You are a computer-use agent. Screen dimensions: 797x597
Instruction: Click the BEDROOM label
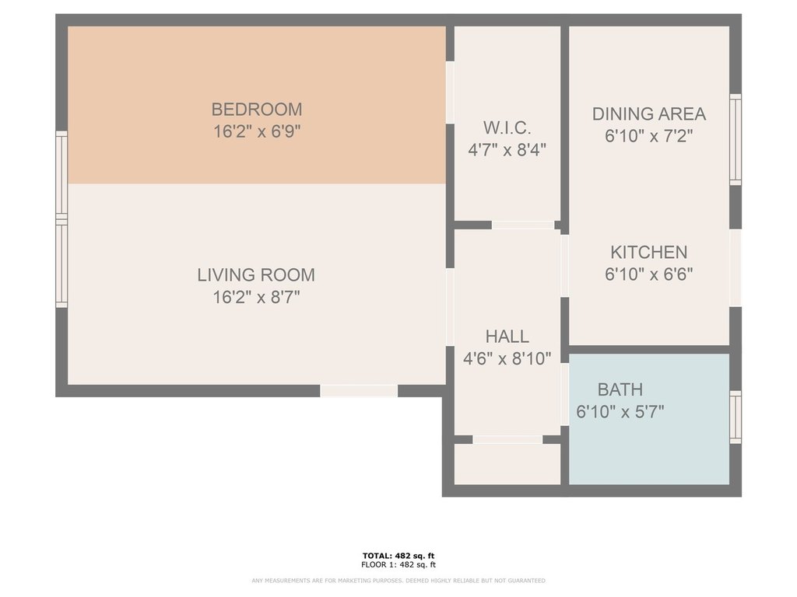[x=257, y=109]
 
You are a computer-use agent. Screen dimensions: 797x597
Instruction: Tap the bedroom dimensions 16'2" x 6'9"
[x=257, y=131]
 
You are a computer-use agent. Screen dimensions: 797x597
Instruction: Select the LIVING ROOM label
[x=256, y=274]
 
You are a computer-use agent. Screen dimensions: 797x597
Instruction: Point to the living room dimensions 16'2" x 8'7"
[x=256, y=297]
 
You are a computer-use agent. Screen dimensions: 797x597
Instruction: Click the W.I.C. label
[x=507, y=128]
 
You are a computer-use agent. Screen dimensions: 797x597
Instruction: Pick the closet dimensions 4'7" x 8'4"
[x=507, y=150]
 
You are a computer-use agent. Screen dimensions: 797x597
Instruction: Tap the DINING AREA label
[x=649, y=113]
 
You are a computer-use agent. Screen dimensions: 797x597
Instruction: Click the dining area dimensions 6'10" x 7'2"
[x=649, y=136]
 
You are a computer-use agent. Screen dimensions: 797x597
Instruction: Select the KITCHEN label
[x=649, y=253]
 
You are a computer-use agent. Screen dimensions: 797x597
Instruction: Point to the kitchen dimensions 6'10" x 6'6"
[x=649, y=274]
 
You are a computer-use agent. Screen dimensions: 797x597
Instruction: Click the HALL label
[x=507, y=336]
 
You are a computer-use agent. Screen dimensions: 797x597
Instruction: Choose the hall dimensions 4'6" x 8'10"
[x=507, y=359]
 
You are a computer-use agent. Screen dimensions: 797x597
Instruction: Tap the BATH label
[x=620, y=389]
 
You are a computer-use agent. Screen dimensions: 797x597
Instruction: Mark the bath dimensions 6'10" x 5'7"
[x=620, y=411]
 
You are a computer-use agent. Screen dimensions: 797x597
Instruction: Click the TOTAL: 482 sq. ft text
[x=398, y=556]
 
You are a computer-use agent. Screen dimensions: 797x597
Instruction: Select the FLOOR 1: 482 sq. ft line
[x=398, y=564]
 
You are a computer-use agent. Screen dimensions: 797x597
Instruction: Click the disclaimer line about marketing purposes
[x=398, y=581]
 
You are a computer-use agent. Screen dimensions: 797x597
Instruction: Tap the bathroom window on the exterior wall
[x=736, y=417]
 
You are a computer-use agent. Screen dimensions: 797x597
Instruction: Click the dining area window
[x=736, y=140]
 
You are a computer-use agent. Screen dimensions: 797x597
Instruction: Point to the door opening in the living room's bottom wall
[x=359, y=391]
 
